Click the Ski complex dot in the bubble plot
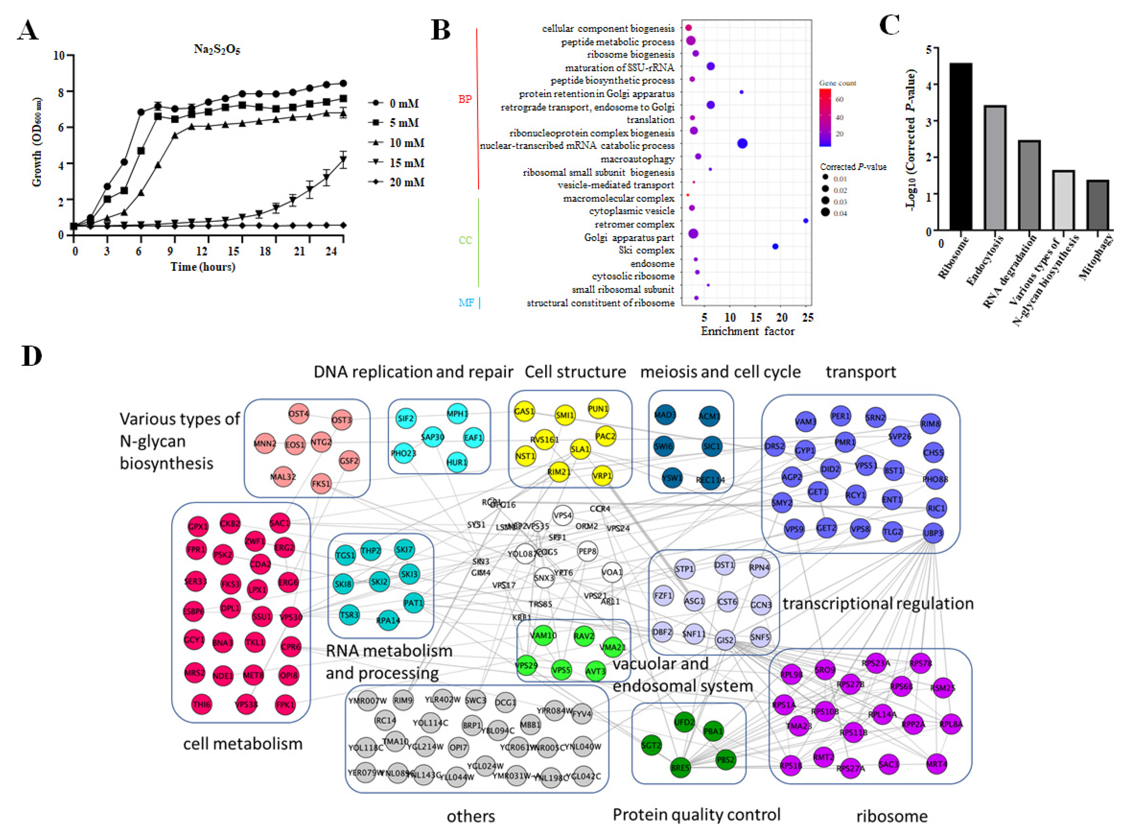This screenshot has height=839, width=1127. pos(775,247)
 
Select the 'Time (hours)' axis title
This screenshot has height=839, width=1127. pos(202,267)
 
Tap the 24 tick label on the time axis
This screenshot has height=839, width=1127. pos(331,251)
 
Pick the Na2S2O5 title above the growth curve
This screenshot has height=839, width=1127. pos(217,49)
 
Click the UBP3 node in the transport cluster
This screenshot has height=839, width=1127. pos(933,533)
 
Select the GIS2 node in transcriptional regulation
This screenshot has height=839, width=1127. pos(725,640)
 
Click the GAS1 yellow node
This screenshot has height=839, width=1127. pos(524,411)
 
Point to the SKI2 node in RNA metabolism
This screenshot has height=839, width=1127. pos(379,581)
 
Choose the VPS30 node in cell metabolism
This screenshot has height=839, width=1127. pos(291,617)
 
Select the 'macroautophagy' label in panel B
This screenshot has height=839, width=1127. pos(637,159)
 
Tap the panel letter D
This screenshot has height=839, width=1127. pos(32,356)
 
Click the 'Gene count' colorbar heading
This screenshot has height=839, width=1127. pos(837,83)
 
